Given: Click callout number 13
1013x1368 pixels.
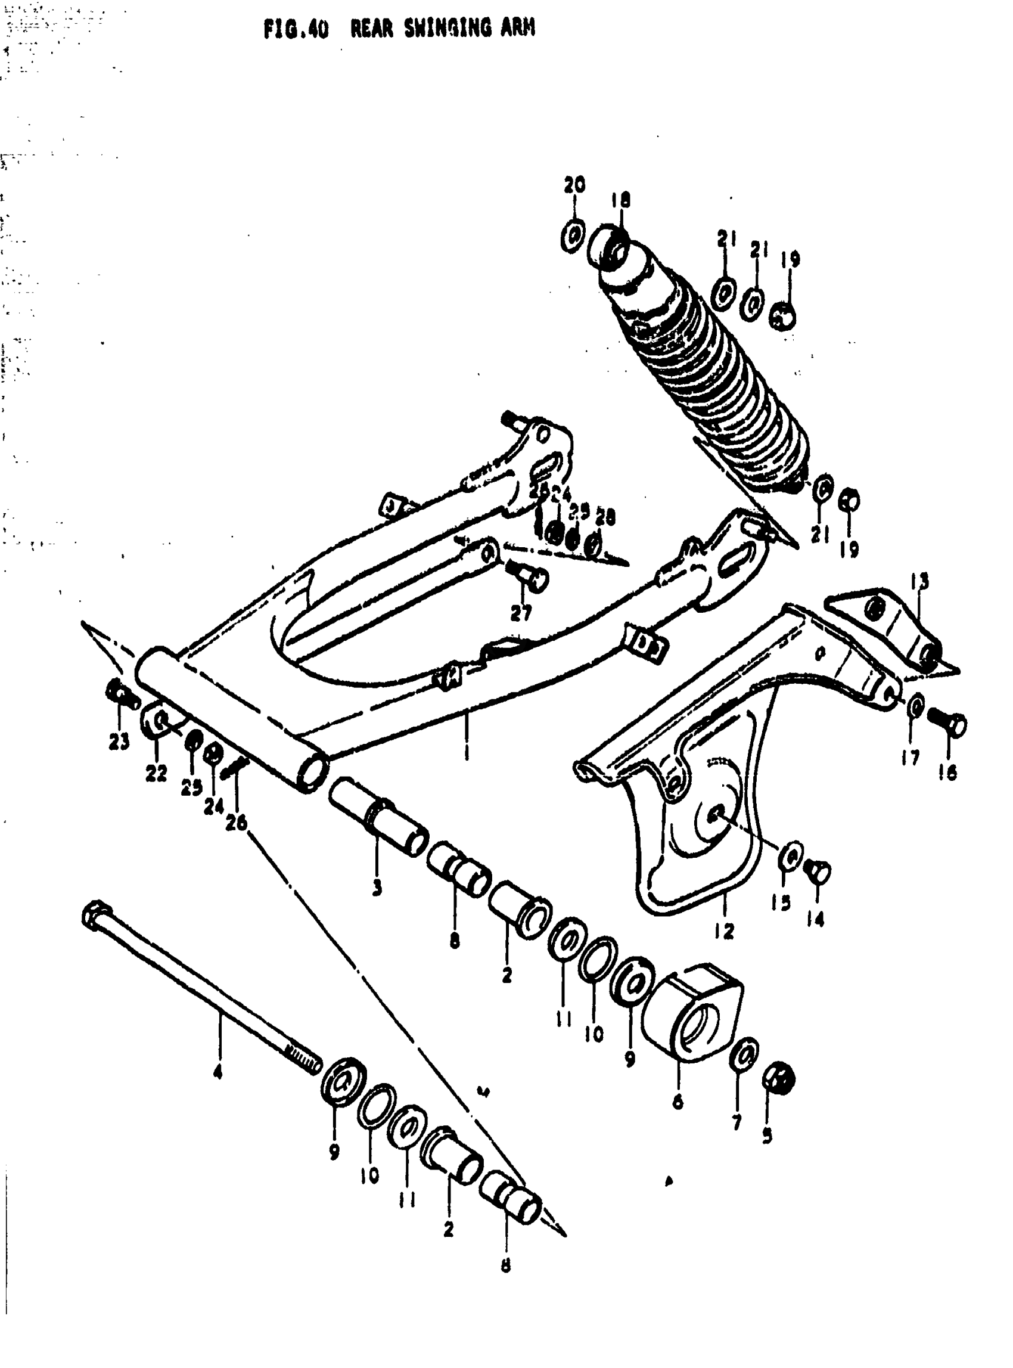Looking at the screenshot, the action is click(x=920, y=581).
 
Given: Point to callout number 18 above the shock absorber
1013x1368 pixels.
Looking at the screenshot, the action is click(x=620, y=201).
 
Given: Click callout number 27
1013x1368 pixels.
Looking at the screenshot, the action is click(x=521, y=612).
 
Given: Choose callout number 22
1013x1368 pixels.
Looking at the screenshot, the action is click(x=156, y=774).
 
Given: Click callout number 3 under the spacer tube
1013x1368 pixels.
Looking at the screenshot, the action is click(x=377, y=887).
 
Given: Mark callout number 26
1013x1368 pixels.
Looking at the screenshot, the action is click(x=236, y=822).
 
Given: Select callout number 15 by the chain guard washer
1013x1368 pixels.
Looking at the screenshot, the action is click(x=781, y=902).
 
